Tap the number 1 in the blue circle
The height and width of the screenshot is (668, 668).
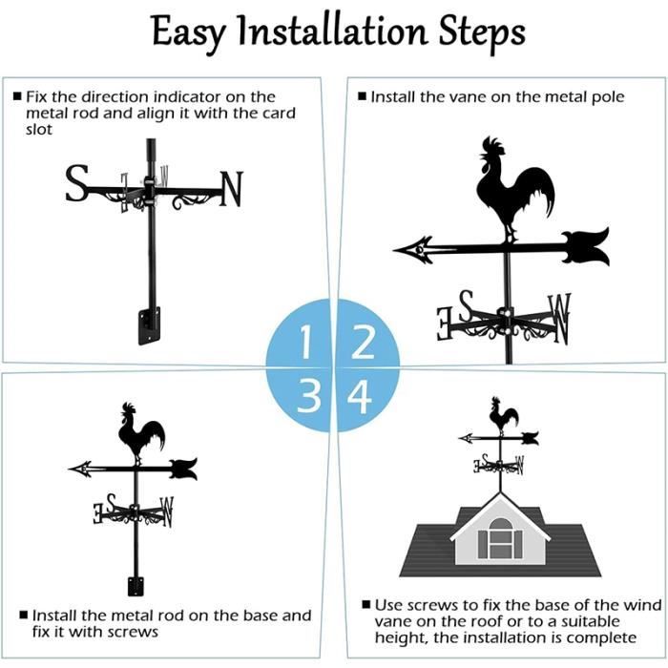[305, 342]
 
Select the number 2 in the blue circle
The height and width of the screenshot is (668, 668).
[363, 342]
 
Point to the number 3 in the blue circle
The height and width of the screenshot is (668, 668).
[308, 396]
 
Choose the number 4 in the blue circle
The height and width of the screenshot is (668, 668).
[359, 397]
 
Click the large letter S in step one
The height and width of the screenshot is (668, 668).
[77, 183]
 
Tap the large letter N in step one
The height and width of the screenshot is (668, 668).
[231, 189]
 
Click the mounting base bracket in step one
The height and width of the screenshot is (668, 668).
[149, 325]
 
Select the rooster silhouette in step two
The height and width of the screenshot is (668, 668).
[514, 188]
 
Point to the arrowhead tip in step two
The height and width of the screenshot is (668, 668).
[394, 250]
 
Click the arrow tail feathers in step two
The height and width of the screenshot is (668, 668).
[586, 246]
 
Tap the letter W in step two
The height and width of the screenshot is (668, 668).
[560, 319]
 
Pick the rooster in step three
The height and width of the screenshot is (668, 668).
[140, 432]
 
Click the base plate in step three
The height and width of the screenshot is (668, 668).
[136, 586]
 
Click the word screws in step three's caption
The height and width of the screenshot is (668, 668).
[133, 632]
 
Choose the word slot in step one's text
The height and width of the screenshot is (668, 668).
[39, 130]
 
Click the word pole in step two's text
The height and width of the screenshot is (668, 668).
[608, 97]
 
